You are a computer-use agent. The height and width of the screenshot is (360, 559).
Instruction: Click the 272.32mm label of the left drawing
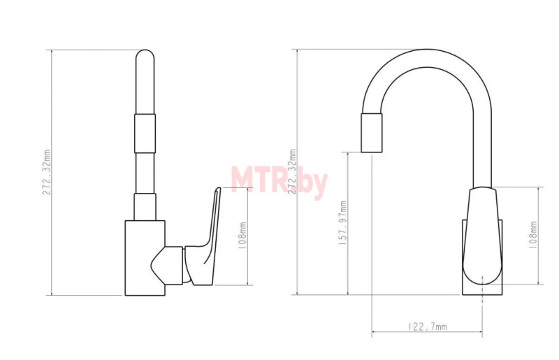[x=47, y=172]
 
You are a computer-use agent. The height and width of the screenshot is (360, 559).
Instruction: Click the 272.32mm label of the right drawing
[x=292, y=172]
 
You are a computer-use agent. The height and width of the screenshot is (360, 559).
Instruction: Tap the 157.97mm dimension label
[x=343, y=222]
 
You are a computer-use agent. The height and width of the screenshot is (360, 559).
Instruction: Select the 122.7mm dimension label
[x=427, y=326]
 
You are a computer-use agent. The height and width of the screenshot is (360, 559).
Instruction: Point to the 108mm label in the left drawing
[x=242, y=236]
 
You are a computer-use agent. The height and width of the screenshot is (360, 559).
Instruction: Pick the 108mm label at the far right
[x=533, y=235]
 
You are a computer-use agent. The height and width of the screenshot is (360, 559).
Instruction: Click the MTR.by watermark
[x=279, y=182]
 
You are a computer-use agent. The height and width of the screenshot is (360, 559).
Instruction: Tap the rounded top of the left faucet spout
[x=145, y=55]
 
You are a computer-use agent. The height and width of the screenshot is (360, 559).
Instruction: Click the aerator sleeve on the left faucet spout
[x=145, y=134]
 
